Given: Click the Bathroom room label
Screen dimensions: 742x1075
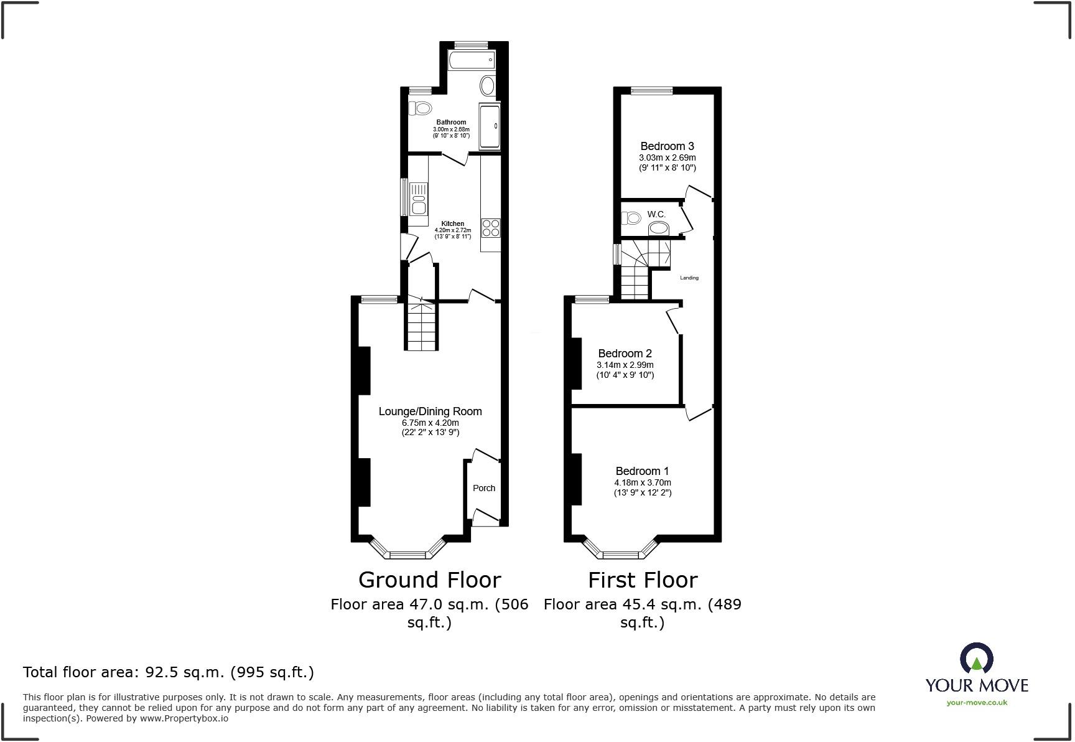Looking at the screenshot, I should (x=451, y=122).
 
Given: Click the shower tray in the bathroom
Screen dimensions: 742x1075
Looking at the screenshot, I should (x=490, y=126).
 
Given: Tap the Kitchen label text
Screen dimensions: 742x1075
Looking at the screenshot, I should (x=453, y=223).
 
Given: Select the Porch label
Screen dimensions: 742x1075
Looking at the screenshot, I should (x=484, y=488).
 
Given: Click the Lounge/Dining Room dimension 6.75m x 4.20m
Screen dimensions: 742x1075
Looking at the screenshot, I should (x=430, y=423).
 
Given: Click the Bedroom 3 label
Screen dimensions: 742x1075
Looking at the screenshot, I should (x=667, y=146).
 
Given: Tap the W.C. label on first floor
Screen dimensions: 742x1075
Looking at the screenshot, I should (x=656, y=214).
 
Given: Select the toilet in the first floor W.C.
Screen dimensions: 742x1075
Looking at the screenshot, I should (x=631, y=218).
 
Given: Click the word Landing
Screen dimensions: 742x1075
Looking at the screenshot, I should (x=689, y=278).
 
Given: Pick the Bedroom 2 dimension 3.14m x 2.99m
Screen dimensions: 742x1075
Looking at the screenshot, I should (x=625, y=365).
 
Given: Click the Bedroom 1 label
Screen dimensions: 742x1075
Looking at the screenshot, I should (x=643, y=471).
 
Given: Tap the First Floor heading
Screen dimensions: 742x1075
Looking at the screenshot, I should (x=643, y=580).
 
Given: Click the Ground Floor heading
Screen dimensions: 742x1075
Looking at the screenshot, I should (x=429, y=580).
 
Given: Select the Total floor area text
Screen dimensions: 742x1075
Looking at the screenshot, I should (x=169, y=672).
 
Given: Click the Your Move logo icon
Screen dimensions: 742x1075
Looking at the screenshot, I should (x=976, y=659).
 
